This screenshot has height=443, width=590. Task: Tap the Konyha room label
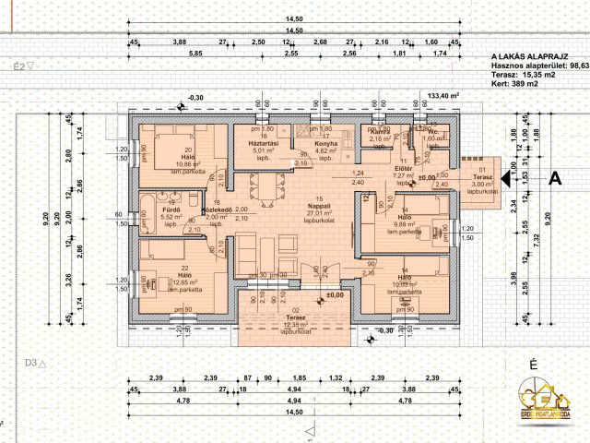324,144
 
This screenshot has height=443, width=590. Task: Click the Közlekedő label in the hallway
216,209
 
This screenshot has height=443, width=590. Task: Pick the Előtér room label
402,168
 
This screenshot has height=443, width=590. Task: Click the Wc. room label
432,132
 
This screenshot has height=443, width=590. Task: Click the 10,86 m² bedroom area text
189,162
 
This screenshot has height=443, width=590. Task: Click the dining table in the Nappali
268,193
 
